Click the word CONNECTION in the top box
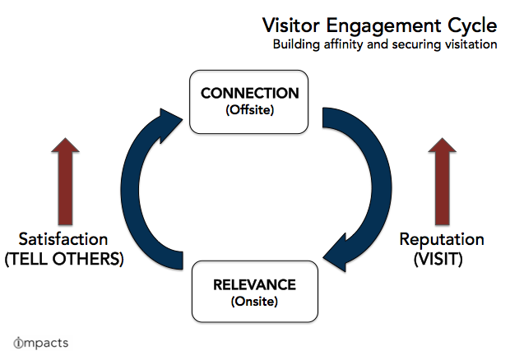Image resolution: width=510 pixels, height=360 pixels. [x=249, y=93]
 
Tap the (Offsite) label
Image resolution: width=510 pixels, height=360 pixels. [x=250, y=110]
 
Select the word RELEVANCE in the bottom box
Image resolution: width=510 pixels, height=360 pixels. [x=254, y=285]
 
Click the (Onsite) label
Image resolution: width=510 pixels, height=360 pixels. [x=254, y=302]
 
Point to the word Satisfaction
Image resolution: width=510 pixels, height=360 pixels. [x=63, y=239]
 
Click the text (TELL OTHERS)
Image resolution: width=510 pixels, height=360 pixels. [x=64, y=259]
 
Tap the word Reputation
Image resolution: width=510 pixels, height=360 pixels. [x=442, y=240]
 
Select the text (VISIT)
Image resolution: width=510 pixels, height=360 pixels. [x=438, y=259]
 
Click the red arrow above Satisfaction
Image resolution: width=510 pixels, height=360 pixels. [x=65, y=182]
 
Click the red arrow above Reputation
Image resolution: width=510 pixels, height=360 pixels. [x=442, y=182]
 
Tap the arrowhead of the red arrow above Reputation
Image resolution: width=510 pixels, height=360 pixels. [x=442, y=145]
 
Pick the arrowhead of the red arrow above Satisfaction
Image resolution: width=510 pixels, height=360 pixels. [x=65, y=145]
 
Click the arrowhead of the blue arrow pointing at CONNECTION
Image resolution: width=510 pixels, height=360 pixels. [x=169, y=124]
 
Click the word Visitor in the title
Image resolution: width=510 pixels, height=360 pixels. [x=291, y=25]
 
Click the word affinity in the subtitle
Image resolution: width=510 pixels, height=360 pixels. [x=343, y=44]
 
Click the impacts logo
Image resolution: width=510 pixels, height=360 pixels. [x=41, y=343]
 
